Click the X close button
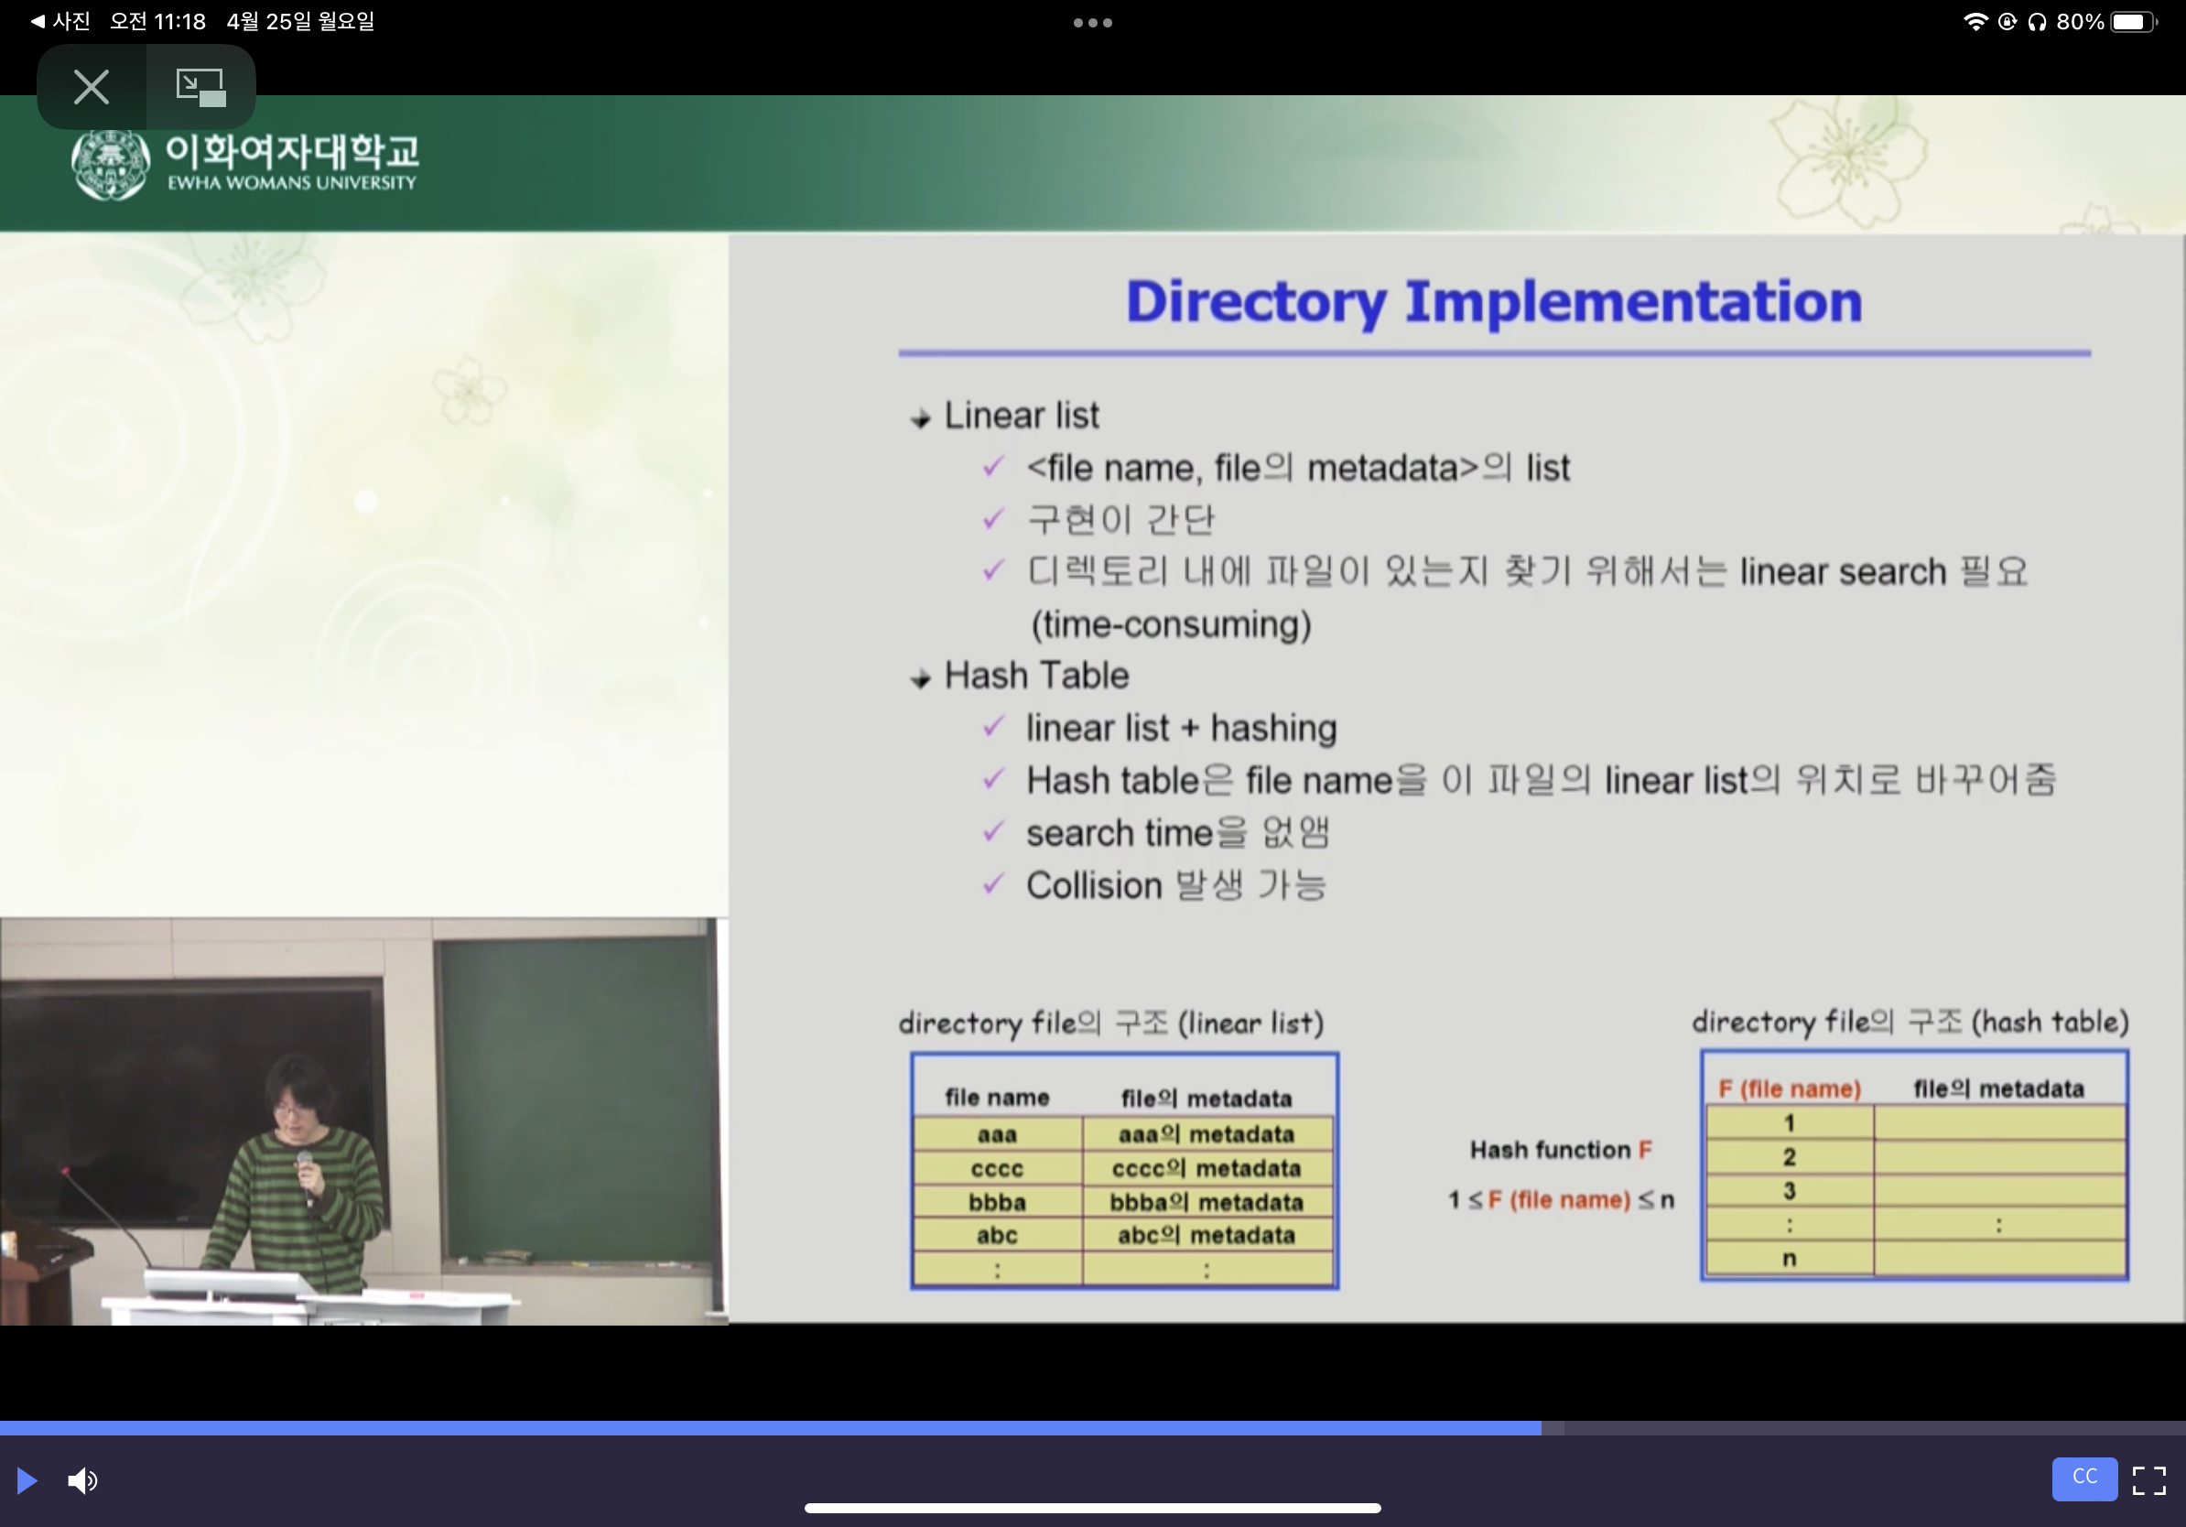92,87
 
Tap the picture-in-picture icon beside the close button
200,87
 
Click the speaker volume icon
82,1480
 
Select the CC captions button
2084,1478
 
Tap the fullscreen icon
2148,1480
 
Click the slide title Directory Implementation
1494,303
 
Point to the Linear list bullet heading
1021,416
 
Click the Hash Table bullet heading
1036,676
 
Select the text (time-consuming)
1171,624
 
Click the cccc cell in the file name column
997,1168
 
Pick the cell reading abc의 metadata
1207,1236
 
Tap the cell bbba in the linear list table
997,1202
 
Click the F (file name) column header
1789,1089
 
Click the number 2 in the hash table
1789,1156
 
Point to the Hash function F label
1561,1150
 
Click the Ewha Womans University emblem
111,164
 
